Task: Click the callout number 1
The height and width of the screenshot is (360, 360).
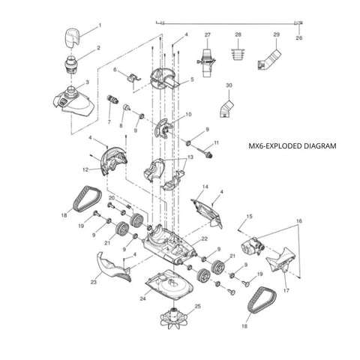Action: (100, 25)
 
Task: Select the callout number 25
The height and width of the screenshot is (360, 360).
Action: (197, 306)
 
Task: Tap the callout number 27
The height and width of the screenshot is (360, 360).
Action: (208, 34)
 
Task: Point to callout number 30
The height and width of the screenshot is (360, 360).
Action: (229, 85)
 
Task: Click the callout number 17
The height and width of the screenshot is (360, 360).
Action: (286, 290)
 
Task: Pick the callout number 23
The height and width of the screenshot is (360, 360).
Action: (94, 283)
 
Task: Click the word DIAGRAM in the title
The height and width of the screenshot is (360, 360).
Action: (320, 145)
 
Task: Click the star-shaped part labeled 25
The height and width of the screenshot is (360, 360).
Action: (173, 319)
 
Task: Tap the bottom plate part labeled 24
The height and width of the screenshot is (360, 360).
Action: (170, 285)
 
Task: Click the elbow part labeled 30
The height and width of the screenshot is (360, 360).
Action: (226, 109)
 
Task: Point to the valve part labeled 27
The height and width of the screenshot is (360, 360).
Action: (207, 62)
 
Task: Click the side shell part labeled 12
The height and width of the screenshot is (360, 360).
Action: (114, 160)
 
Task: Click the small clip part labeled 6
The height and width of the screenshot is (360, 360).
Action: (133, 77)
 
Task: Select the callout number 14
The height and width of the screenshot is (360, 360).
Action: (205, 187)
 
